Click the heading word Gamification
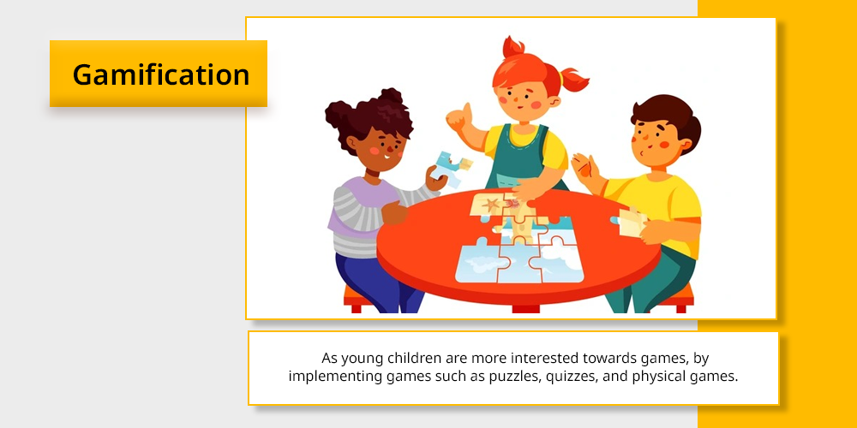(161, 74)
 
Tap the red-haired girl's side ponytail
(574, 80)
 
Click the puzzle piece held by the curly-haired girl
(451, 167)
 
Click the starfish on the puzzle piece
(491, 205)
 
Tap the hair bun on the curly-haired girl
(391, 98)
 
